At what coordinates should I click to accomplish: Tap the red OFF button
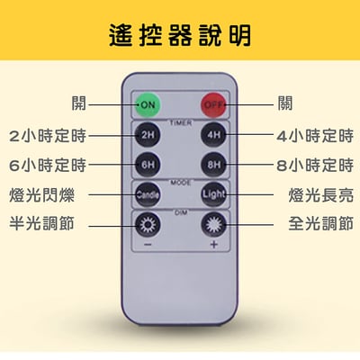pyautogui.click(x=212, y=103)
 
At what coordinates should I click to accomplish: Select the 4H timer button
pyautogui.click(x=212, y=136)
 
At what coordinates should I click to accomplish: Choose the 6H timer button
pyautogui.click(x=147, y=165)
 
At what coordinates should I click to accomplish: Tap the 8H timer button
pyautogui.click(x=212, y=165)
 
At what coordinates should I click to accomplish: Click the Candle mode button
pyautogui.click(x=147, y=193)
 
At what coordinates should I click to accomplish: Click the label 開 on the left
pyautogui.click(x=80, y=103)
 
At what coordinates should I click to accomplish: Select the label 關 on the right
pyautogui.click(x=285, y=103)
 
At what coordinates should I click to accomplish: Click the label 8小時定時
pyautogui.click(x=314, y=165)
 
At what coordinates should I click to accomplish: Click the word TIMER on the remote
pyautogui.click(x=180, y=120)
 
